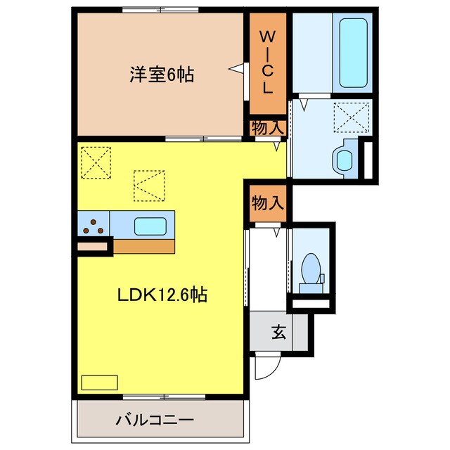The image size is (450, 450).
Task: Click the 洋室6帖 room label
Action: pyautogui.click(x=161, y=74)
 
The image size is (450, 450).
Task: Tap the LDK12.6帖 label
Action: pyautogui.click(x=161, y=296)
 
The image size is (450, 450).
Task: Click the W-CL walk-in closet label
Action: pyautogui.click(x=268, y=62)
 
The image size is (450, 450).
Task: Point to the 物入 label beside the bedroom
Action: pyautogui.click(x=268, y=128)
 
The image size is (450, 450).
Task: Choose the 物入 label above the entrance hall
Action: pyautogui.click(x=268, y=203)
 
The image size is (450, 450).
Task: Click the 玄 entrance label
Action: pyautogui.click(x=279, y=333)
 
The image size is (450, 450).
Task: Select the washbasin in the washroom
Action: pyautogui.click(x=345, y=158)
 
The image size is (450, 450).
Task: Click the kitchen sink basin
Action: pyautogui.click(x=150, y=226)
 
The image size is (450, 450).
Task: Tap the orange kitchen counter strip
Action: pyautogui.click(x=143, y=246)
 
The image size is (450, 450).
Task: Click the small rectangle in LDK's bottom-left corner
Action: pyautogui.click(x=100, y=382)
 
